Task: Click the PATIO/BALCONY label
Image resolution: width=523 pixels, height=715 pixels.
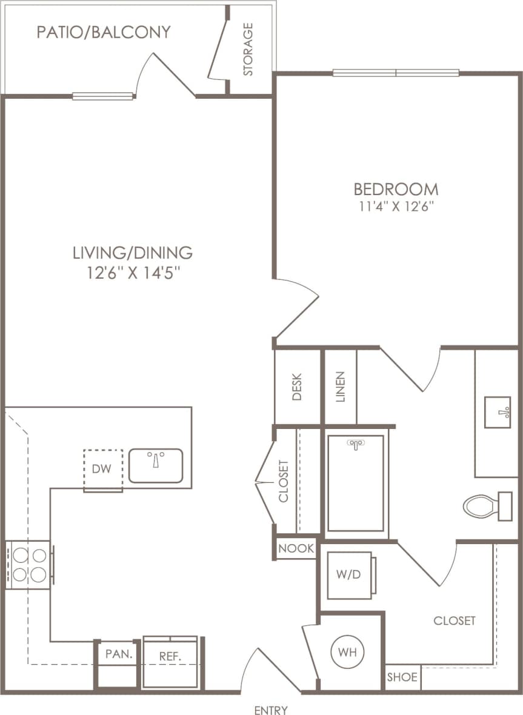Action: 103,32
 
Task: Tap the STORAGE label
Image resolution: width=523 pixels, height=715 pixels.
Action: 248,50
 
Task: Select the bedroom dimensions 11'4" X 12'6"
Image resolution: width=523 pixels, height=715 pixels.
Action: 396,205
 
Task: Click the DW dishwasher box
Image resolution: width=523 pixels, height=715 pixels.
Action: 103,469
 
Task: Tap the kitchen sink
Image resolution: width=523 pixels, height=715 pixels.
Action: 156,465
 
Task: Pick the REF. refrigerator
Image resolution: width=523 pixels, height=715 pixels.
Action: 170,661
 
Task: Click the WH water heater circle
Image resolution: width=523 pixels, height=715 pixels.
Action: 347,653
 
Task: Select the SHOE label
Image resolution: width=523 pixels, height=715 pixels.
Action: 402,677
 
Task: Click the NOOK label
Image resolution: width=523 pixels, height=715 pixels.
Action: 296,549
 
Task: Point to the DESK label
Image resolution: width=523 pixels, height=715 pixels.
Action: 297,387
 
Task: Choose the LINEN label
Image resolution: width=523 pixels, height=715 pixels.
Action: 340,387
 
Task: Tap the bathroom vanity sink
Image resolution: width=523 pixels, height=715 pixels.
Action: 498,412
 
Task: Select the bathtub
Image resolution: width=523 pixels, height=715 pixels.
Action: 356,483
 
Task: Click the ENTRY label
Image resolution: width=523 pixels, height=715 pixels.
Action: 271,710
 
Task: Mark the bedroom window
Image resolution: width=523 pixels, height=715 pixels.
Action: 396,73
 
